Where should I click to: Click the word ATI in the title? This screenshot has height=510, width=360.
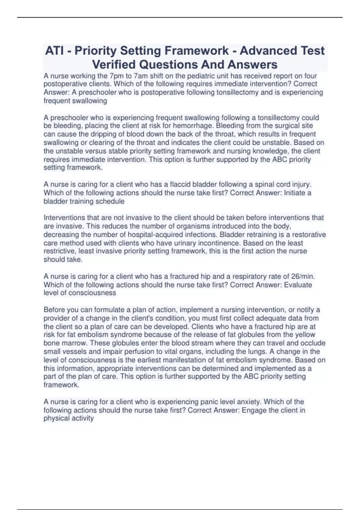pos(55,51)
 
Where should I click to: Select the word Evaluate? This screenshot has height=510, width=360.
pos(298,285)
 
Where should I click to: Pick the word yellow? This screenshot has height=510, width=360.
pos(304,334)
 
